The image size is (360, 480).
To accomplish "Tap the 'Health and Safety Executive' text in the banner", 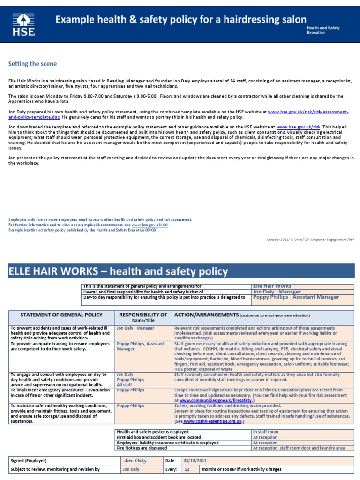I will pyautogui.click(x=323, y=30).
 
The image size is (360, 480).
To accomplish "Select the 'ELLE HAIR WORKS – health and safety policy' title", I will pyautogui.click(x=118, y=271).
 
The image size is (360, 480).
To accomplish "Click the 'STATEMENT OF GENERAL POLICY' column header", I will pyautogui.click(x=55, y=315).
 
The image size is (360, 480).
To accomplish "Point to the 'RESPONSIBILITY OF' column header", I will pyautogui.click(x=143, y=315).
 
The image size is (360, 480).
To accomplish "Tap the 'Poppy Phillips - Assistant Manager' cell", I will pyautogui.click(x=295, y=297).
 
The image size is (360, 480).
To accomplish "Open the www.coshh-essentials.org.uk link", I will pyautogui.click(x=213, y=421).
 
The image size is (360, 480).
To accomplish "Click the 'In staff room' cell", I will pyautogui.click(x=266, y=431).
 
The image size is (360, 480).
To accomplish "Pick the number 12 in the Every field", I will pyautogui.click(x=188, y=469).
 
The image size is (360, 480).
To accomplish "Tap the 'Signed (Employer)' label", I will pyautogui.click(x=29, y=460).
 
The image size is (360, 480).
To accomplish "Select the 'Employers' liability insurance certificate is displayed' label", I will pyautogui.click(x=167, y=442).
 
